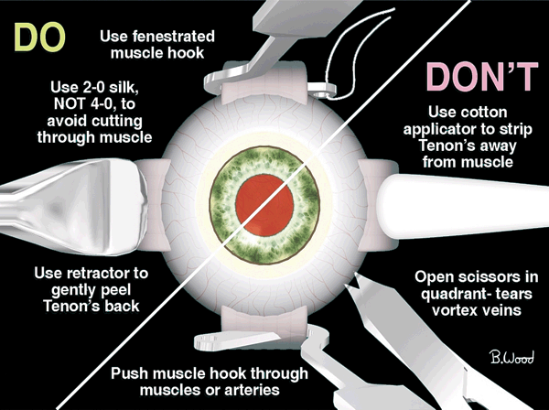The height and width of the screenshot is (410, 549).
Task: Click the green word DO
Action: point(39,38)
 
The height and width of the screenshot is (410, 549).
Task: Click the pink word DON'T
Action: point(482,77)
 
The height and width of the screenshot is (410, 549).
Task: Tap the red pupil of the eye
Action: point(264,205)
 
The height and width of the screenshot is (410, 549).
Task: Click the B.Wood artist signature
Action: point(511,358)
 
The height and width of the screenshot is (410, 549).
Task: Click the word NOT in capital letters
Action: point(69,103)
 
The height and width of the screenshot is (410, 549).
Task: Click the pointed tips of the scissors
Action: point(354,281)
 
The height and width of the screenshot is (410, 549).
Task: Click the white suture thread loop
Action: point(361,53)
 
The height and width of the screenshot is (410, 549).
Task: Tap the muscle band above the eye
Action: point(265,83)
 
